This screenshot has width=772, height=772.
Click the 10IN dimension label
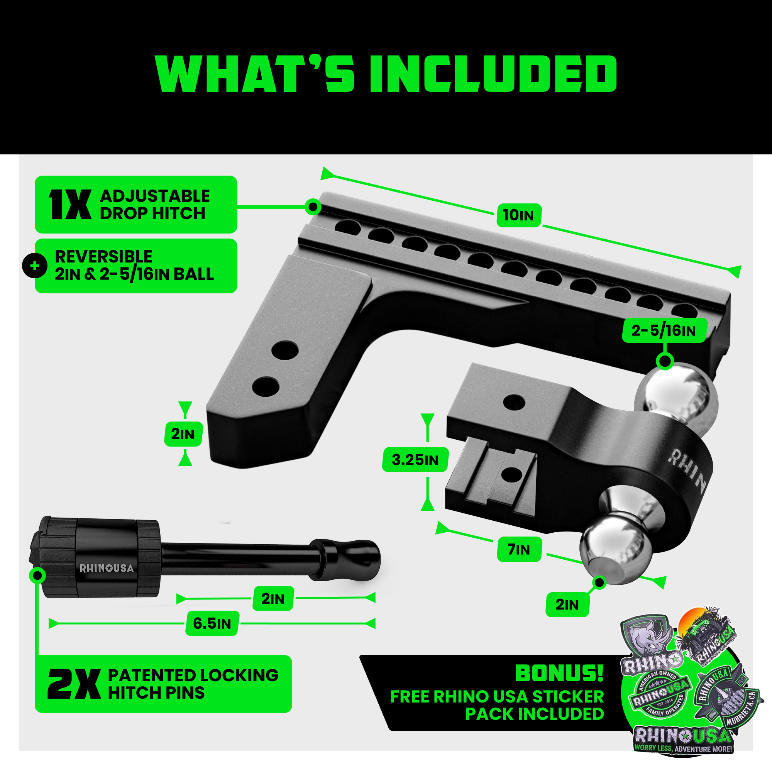click(x=519, y=215)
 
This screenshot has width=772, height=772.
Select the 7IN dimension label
click(x=519, y=549)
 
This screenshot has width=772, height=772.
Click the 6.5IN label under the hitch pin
click(x=212, y=623)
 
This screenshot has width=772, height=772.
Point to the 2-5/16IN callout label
click(x=664, y=330)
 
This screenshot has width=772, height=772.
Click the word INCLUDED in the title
click(x=493, y=74)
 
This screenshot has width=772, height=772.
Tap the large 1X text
click(x=69, y=204)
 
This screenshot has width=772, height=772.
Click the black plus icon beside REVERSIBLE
click(x=35, y=266)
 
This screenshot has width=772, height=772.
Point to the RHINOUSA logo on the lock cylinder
click(x=106, y=568)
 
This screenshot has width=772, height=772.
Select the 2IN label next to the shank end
click(x=183, y=434)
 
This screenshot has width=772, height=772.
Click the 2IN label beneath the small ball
click(x=567, y=604)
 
